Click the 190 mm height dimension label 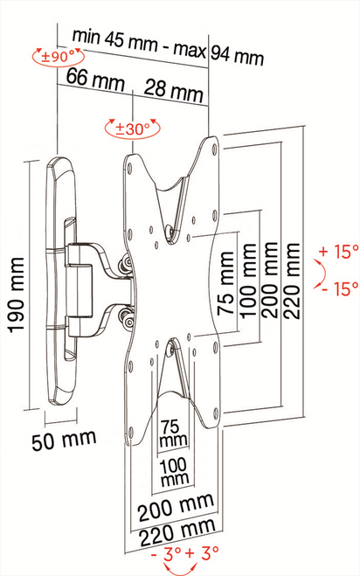[x=17, y=295]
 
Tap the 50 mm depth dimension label [x=64, y=440]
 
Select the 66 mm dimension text [x=95, y=80]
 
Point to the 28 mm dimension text [x=173, y=91]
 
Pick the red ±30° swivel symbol [x=133, y=128]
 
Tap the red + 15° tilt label [x=339, y=252]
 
